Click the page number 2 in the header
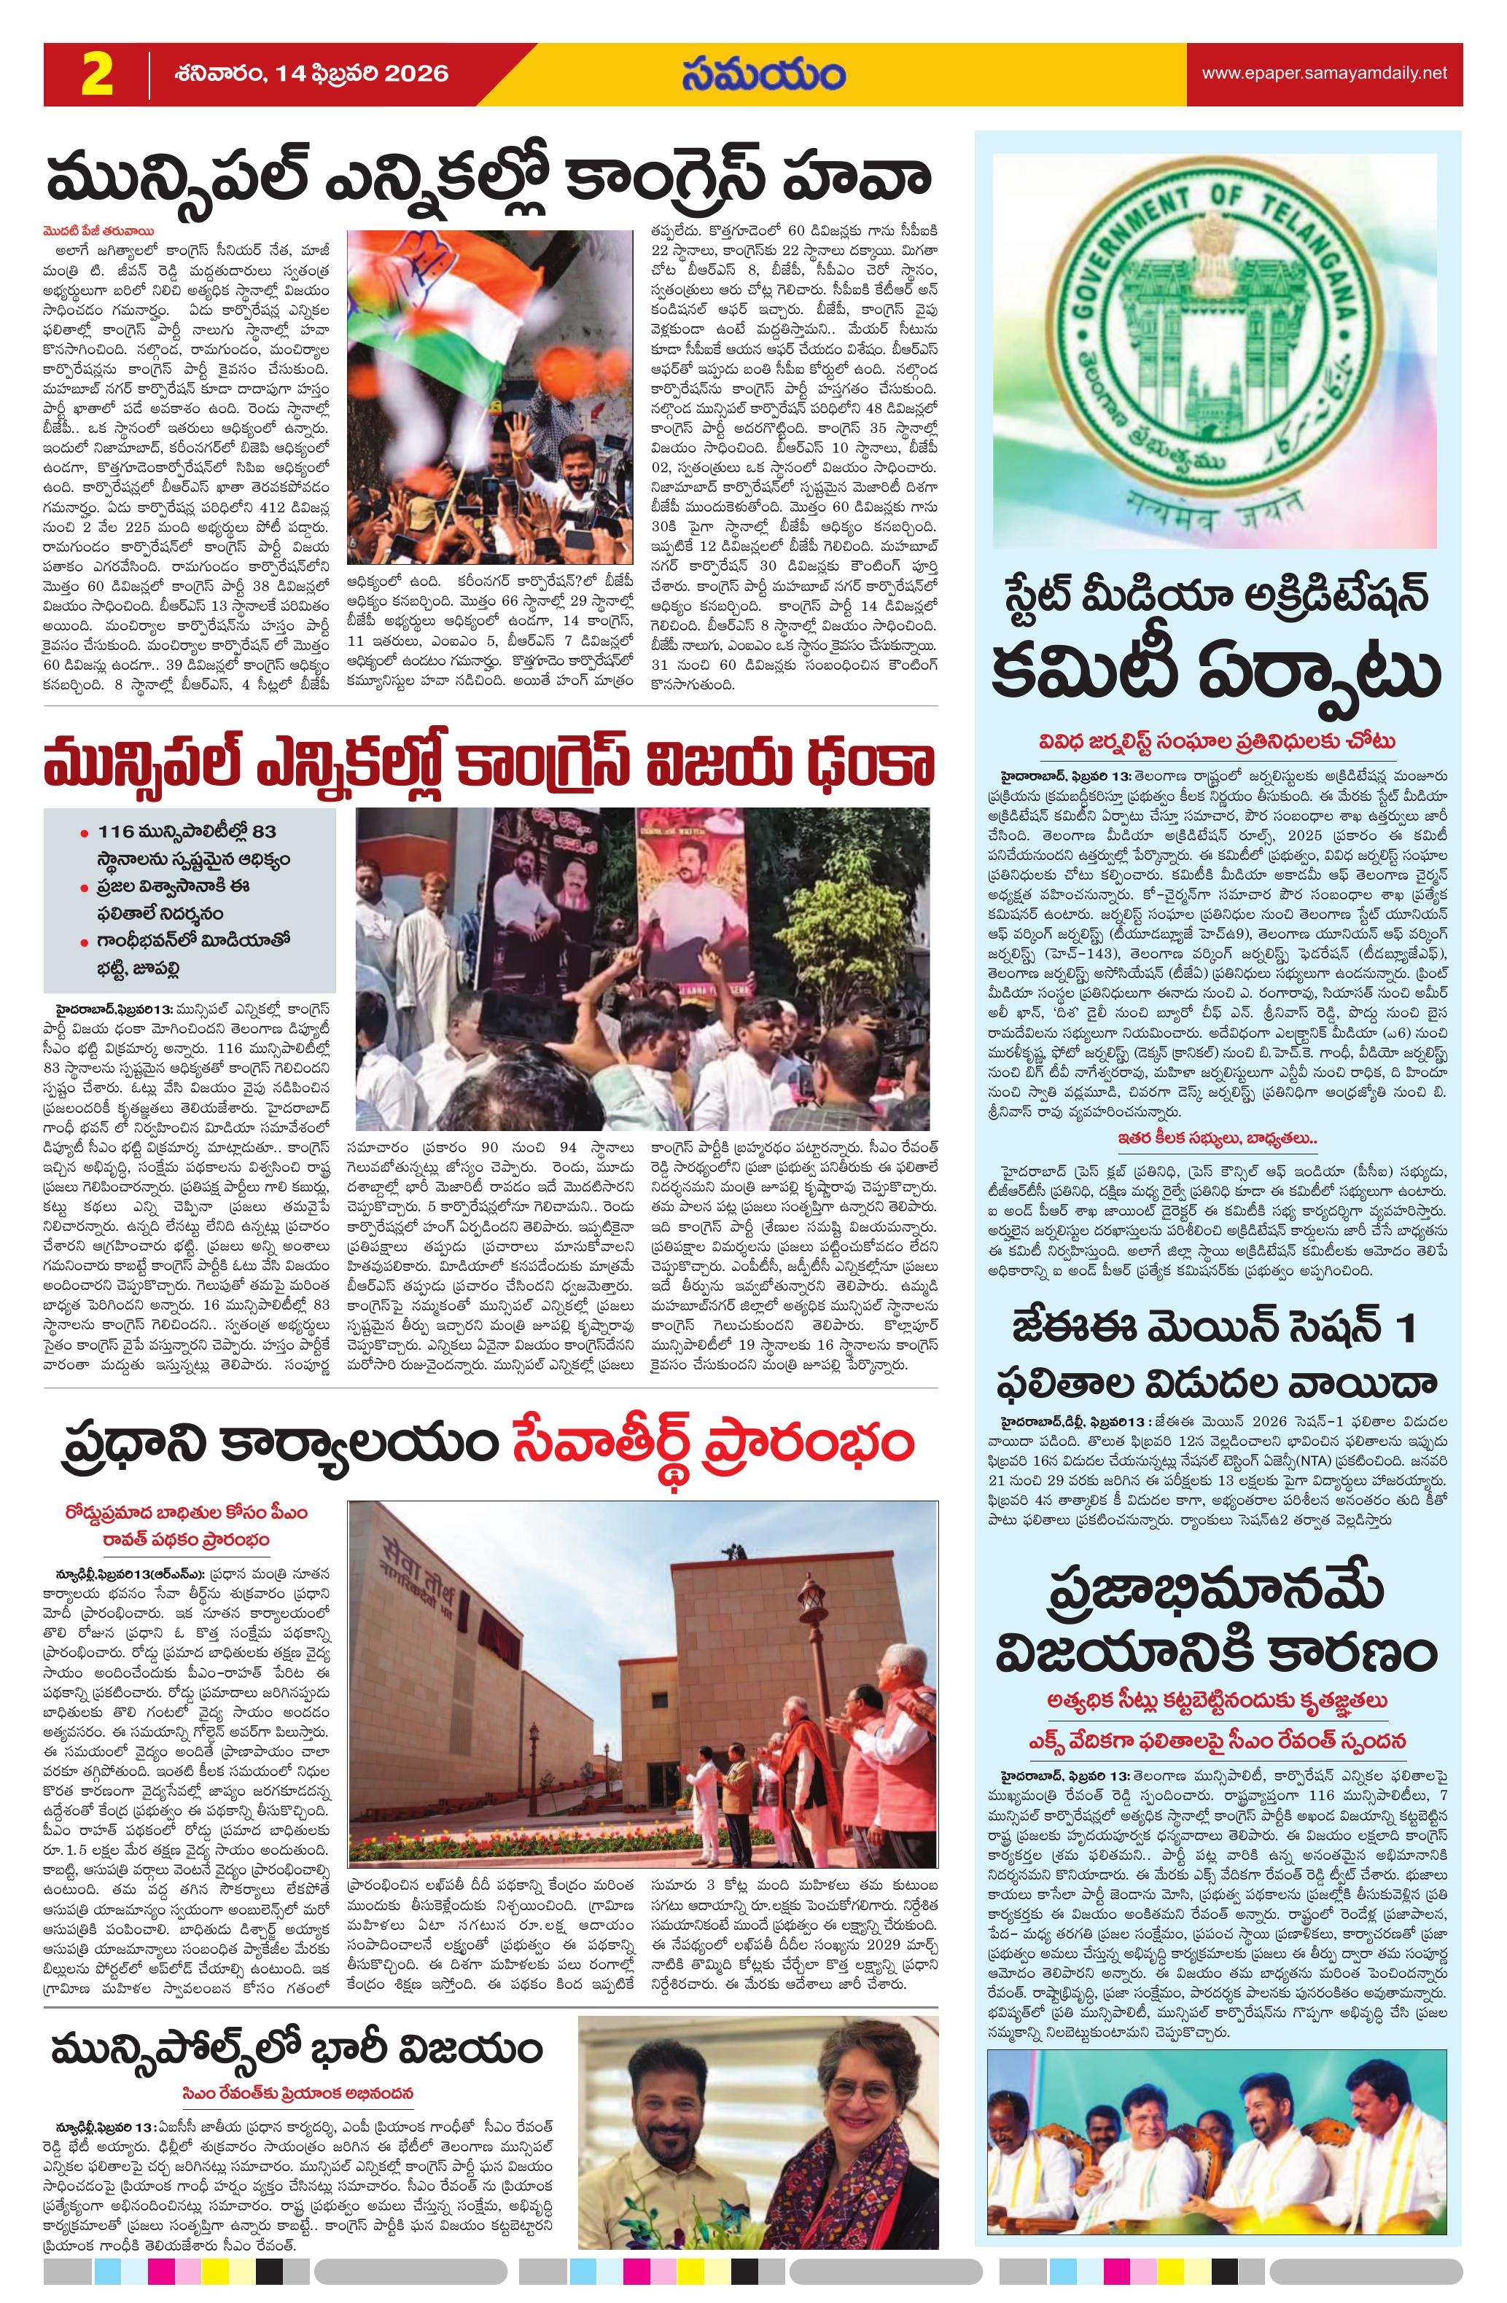[x=97, y=74]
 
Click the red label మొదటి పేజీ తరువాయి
[x=94, y=231]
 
